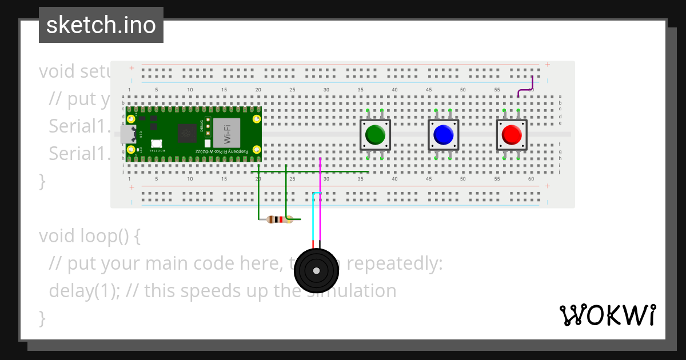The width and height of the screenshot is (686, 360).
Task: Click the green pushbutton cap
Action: (x=375, y=134)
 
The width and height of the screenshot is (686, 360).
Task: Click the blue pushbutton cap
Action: (x=443, y=134)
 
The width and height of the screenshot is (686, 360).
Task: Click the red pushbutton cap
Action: (x=511, y=134)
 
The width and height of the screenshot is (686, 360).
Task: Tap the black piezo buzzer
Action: (x=316, y=271)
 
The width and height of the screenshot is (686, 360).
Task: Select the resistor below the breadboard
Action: (x=277, y=219)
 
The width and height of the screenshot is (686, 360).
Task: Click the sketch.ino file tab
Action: (x=101, y=25)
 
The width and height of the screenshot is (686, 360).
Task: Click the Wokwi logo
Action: (x=607, y=315)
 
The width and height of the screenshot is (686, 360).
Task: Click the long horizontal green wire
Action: (x=343, y=171)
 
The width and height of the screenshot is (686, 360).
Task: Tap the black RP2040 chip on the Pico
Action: (x=186, y=133)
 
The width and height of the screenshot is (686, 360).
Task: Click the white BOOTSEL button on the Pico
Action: (x=156, y=143)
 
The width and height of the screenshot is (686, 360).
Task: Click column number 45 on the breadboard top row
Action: (x=429, y=90)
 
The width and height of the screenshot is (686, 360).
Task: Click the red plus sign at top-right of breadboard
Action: (x=548, y=65)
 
